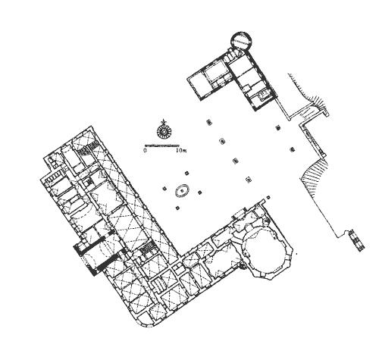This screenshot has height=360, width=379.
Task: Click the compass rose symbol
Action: click(163, 130)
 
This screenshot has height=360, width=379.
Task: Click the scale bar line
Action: click(162, 146)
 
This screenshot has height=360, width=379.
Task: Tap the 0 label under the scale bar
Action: click(145, 151)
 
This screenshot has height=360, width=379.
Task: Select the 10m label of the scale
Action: click(181, 151)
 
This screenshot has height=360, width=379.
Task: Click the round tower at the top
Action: click(242, 40)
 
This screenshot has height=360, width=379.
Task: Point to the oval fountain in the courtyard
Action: click(182, 190)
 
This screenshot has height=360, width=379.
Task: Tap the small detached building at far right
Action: click(357, 239)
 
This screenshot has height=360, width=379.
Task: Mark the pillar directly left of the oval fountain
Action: click(164, 188)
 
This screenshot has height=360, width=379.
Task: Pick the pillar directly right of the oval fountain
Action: click(200, 193)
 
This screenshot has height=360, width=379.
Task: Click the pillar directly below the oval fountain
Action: click(177, 208)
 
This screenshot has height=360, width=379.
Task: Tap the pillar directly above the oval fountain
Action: click(186, 173)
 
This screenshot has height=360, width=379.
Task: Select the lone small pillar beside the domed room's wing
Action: click(268, 197)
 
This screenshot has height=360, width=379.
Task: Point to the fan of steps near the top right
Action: click(318, 102)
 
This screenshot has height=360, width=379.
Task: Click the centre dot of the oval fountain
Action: click(182, 190)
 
